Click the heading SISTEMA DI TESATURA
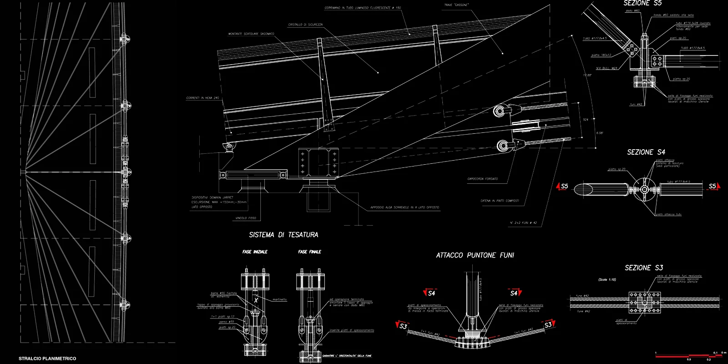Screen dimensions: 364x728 [x=283, y=235]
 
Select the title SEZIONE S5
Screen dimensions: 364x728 [x=642, y=3]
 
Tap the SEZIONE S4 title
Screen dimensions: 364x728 [x=646, y=152]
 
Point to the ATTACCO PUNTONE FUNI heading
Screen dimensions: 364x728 [x=475, y=255]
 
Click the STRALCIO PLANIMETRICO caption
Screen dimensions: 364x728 [x=47, y=359]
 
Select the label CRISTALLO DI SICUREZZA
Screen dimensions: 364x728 [x=305, y=25]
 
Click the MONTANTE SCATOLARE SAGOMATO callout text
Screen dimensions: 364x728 [x=251, y=34]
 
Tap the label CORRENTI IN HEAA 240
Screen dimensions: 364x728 [x=202, y=98]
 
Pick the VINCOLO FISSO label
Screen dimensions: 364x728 [x=246, y=218]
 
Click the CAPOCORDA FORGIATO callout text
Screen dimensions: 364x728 [x=483, y=179]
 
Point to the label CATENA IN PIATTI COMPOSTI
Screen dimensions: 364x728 [x=500, y=201]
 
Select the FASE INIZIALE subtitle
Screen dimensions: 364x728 [x=255, y=252]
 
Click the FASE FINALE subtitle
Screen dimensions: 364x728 [x=310, y=252]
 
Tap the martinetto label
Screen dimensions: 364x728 [x=279, y=299]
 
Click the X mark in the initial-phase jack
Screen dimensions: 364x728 [x=256, y=300]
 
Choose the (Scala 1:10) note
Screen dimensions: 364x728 [x=607, y=279]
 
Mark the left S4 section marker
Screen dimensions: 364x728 [x=430, y=293]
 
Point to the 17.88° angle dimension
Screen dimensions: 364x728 [x=587, y=75]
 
